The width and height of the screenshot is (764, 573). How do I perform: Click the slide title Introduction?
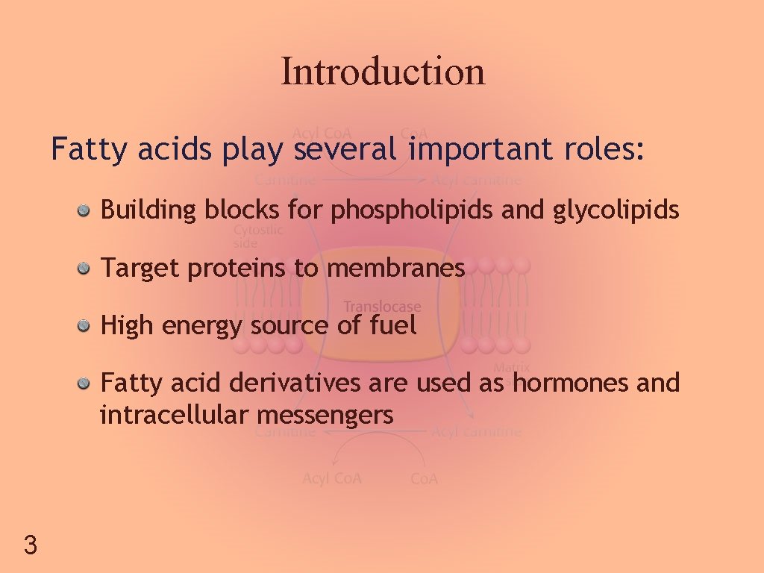coord(383,72)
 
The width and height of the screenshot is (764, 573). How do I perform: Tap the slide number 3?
coord(30,545)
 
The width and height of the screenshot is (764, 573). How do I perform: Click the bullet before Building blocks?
coord(86,211)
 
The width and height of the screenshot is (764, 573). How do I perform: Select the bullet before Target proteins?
coord(86,268)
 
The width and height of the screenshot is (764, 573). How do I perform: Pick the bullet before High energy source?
coord(86,325)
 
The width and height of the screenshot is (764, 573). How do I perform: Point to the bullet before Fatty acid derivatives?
coord(86,383)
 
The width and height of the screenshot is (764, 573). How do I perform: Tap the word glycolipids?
coord(616,211)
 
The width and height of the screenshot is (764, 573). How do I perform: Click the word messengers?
coord(324,416)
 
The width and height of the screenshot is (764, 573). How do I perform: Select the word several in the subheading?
coord(345,150)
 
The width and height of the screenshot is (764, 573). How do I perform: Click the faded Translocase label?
coord(382,307)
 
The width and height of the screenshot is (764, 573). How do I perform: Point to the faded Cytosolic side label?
coord(257,237)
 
